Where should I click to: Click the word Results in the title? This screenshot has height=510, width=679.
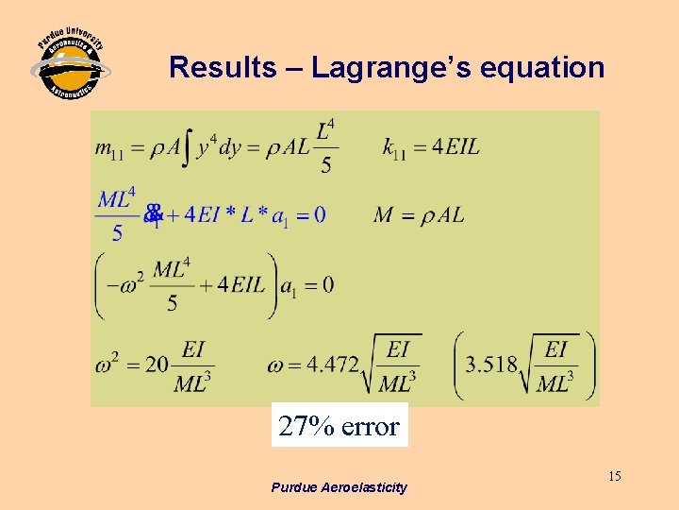223,68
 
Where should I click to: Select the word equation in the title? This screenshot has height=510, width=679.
548,68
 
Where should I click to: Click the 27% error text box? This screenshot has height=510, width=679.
339,426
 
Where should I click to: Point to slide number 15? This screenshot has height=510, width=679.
614,476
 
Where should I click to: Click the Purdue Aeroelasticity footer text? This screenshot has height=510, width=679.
339,487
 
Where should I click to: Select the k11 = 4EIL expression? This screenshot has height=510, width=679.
431,146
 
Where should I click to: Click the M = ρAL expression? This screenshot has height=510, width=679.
419,215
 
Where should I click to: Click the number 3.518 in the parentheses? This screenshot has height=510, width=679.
491,365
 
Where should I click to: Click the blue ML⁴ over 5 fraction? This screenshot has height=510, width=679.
117,214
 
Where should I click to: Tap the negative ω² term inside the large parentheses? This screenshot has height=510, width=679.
126,282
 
